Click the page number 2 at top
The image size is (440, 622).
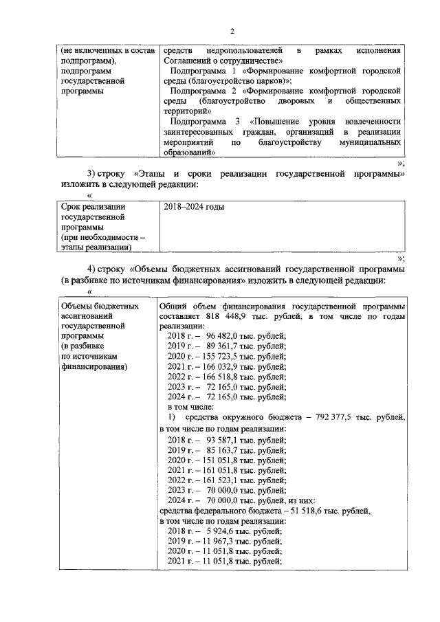coord(232,32)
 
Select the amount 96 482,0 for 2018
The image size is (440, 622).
coord(223,336)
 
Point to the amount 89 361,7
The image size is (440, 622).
coord(223,346)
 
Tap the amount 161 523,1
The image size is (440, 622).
coord(220,480)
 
